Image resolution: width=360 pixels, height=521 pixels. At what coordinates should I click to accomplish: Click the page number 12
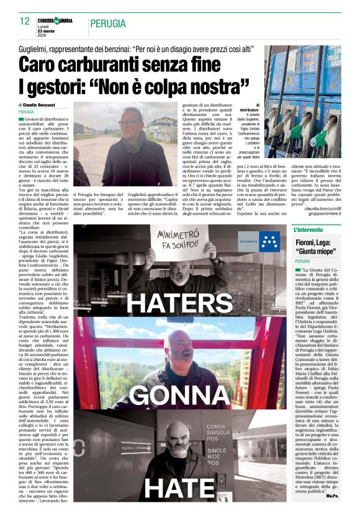click(x=24, y=22)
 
